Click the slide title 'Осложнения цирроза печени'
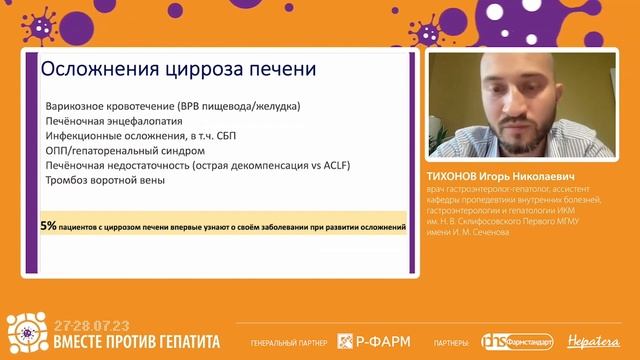point(176,71)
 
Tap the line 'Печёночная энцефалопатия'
point(110,121)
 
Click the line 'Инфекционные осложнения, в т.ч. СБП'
point(140,135)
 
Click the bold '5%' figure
point(48,227)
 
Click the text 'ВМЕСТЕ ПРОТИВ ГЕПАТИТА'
point(135,341)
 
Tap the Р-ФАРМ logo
point(373,341)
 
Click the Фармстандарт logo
point(520,341)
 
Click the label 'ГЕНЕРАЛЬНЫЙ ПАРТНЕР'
point(290,342)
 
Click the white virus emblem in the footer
point(26,334)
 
